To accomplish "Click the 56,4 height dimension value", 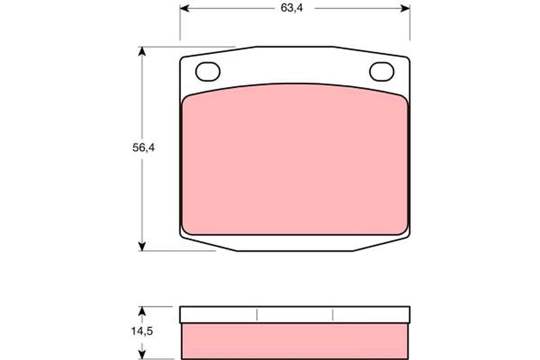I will click(x=144, y=148).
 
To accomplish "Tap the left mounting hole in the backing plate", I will click(x=208, y=72).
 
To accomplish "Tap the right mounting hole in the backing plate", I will click(x=382, y=72).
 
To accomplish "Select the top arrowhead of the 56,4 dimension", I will click(x=142, y=51).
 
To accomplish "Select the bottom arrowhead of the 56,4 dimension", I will click(x=142, y=246).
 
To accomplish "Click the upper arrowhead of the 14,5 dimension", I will click(x=142, y=311).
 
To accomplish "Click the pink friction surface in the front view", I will click(x=295, y=162).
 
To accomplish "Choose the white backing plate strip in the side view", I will click(x=295, y=315).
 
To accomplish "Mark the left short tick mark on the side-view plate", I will click(x=257, y=315).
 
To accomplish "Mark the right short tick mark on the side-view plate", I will click(x=333, y=315).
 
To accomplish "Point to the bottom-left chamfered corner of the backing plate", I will click(x=207, y=244).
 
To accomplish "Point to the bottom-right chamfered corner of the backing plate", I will click(x=382, y=244).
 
